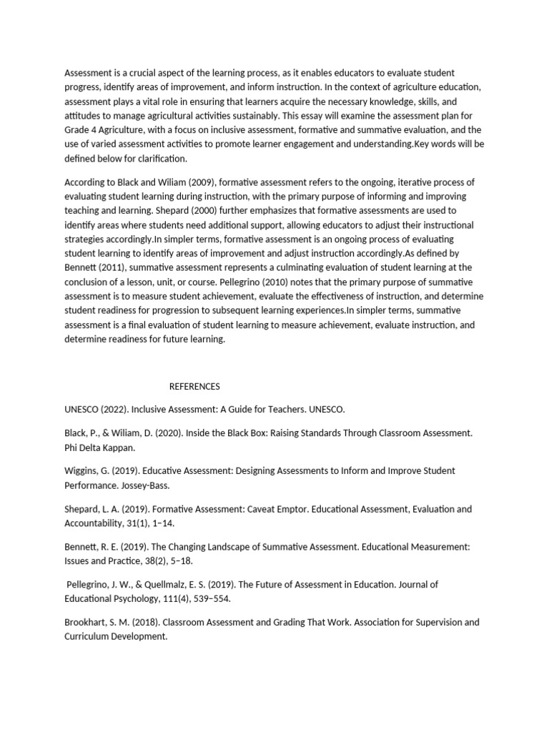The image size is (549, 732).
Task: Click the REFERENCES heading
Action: pyautogui.click(x=194, y=387)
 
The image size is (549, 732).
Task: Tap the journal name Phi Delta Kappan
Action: pyautogui.click(x=99, y=447)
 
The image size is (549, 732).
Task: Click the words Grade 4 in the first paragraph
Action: pyautogui.click(x=81, y=130)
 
